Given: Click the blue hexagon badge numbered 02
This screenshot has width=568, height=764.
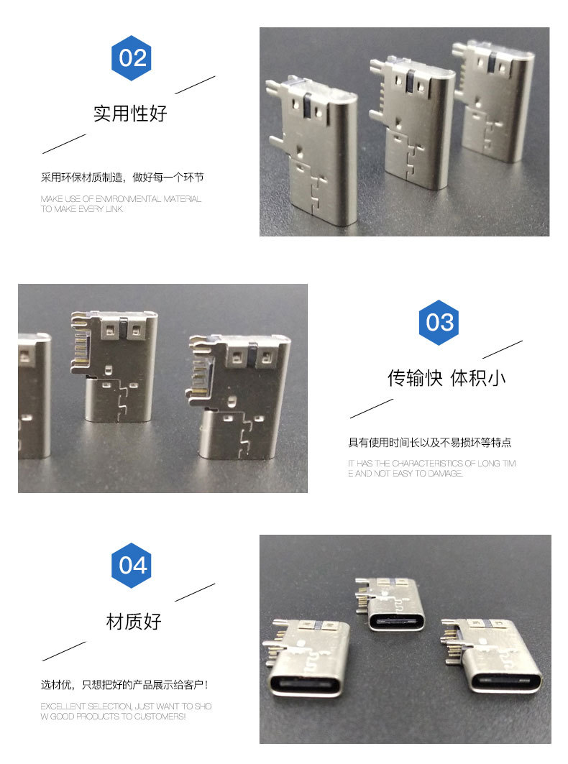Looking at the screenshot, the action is point(131,58).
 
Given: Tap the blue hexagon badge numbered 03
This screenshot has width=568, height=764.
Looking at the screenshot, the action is point(439,323).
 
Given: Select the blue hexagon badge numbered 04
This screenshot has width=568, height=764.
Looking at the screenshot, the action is point(131,565).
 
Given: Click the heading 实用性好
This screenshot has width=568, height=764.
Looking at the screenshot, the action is point(130,114).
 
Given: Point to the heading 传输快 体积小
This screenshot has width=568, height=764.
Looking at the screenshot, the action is point(446,378).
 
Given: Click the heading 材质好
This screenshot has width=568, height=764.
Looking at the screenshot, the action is point(134,622).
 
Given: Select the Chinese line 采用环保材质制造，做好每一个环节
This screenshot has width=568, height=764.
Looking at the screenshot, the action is point(122,178).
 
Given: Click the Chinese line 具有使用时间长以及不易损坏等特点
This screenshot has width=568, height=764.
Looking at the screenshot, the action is point(429,443).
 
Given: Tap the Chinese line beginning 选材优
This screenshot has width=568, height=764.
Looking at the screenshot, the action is point(124,684).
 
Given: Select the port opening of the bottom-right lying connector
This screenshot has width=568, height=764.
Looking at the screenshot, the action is point(505,681).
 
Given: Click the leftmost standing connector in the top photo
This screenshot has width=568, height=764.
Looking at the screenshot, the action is point(313,150).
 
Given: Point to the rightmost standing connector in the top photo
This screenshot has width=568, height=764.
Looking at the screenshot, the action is point(493,100).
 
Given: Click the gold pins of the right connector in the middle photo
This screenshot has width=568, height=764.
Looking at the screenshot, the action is point(199,376).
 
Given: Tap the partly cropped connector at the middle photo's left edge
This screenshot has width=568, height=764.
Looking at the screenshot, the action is point(34,395).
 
